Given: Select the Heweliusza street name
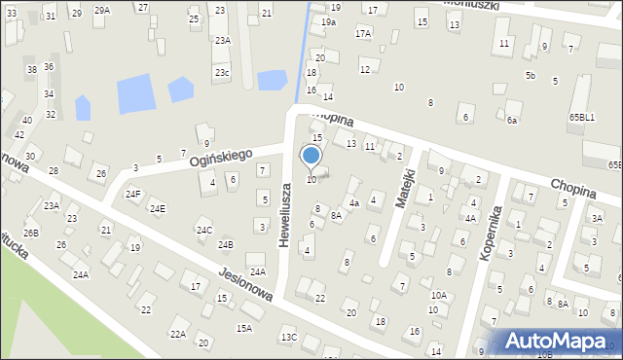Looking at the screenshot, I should (284, 214).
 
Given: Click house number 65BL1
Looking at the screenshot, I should (582, 117).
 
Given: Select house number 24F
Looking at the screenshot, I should (132, 194).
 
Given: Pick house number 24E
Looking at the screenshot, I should (156, 208).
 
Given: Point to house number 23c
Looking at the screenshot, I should (223, 72).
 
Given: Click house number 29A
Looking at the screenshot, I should (102, 10).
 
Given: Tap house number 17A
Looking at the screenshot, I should (362, 33).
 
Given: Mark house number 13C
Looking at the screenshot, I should (288, 337).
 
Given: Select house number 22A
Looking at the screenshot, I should (178, 334).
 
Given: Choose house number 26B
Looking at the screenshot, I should (31, 233).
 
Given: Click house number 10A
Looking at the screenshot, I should (439, 295).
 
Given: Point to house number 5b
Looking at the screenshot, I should (530, 75).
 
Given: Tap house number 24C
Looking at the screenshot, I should (204, 231).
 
